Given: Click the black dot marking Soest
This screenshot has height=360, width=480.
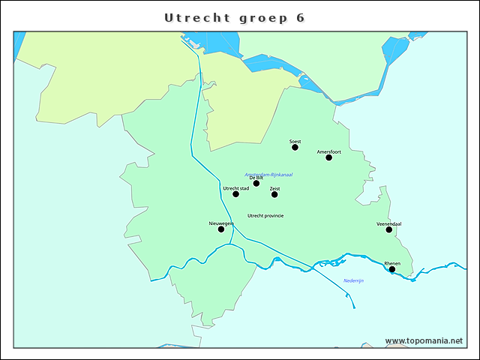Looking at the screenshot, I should point(295,147).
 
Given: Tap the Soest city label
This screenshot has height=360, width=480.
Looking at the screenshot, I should point(295,140).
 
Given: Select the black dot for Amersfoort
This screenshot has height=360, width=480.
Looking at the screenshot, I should point(328,157).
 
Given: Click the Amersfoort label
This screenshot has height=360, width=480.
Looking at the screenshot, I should point(328,151).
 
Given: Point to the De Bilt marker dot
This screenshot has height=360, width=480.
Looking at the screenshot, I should point(256,183).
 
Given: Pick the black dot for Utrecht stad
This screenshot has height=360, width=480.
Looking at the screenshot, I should point(235,194).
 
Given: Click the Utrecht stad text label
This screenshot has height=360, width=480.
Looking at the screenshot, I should point(236,188).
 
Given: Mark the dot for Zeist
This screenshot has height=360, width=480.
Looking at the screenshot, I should point(274,194).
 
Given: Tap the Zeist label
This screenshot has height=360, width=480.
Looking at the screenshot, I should point(274,188).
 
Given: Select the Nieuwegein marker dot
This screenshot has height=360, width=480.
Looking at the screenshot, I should point(220,229).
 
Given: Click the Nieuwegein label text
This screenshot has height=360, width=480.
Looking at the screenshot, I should point(221,223).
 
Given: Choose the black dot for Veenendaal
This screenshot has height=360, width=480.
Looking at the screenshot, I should point(388,229).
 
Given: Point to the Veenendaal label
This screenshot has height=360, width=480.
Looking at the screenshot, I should point(389,223).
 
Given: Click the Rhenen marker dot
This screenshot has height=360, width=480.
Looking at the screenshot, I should point(391,269).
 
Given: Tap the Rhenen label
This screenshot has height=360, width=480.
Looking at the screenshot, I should point(392,263).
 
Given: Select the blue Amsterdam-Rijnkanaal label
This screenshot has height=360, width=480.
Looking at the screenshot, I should point(268,175).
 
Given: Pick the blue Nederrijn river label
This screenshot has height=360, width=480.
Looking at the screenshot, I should point(353,280).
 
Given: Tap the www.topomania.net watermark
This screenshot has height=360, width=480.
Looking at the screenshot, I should point(424,340).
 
